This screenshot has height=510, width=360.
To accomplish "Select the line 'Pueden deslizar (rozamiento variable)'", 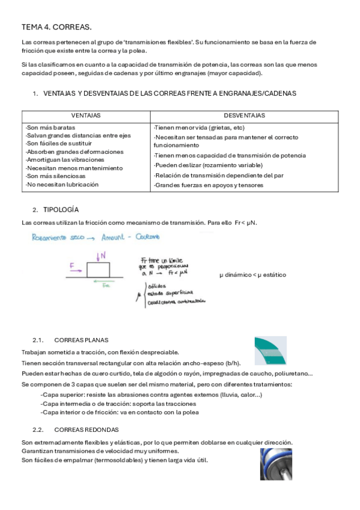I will pos(208,165).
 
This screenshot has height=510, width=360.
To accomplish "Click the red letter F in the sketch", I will pos(73,264).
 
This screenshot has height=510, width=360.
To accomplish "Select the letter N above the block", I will pos(103,256).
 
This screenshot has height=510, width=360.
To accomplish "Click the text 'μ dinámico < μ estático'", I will pos(252,275).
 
